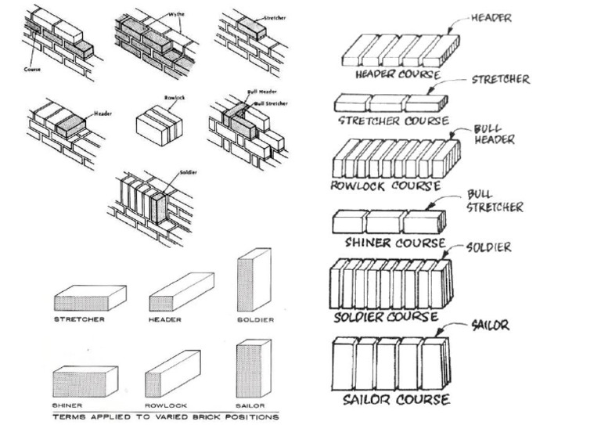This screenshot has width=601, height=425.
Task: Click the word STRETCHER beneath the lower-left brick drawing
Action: coord(78,319)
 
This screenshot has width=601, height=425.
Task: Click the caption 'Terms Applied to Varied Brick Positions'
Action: coord(165,417)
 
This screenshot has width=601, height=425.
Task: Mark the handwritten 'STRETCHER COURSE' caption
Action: coord(393,121)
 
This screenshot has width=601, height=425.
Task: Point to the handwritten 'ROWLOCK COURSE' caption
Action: coord(385,186)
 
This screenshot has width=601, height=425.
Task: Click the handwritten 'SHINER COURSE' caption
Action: coord(394,243)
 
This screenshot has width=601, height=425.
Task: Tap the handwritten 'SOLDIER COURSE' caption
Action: coord(385,317)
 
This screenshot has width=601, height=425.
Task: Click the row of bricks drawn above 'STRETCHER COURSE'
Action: coord(390,103)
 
